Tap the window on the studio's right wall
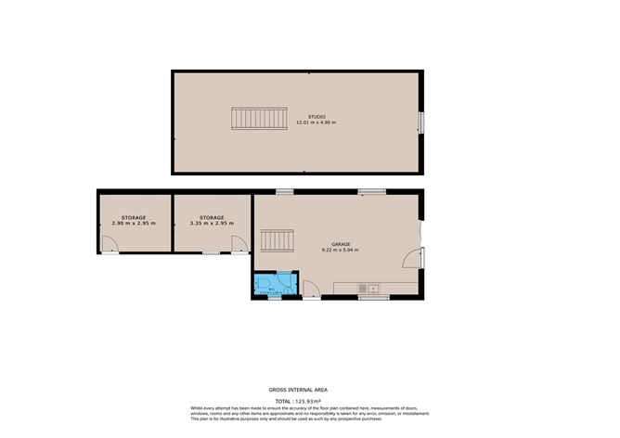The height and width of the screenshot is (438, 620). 421,122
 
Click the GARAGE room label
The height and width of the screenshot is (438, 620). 335,243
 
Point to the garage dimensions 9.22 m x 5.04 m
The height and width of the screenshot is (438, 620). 335,250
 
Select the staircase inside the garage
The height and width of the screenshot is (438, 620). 277,241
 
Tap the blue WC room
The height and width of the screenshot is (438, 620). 275,283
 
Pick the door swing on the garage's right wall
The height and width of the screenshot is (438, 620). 419,256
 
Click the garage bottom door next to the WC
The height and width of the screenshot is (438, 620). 311,292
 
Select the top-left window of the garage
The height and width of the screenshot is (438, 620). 284,192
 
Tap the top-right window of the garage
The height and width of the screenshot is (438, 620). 372,192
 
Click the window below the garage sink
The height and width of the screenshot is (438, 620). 373,298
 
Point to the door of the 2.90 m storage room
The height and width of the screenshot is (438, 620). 110,246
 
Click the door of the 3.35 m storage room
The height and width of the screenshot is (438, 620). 239,245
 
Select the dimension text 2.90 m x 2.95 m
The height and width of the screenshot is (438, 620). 134,223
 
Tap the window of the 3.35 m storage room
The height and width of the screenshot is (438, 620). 212,251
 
